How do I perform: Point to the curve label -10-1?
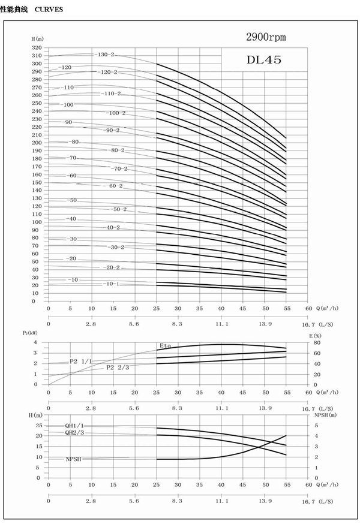point(112,284)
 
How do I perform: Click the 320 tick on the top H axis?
point(37,47)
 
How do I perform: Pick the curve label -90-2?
point(112,130)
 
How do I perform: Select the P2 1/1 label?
point(80,361)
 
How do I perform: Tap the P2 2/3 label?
point(118,367)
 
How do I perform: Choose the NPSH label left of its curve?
point(74,459)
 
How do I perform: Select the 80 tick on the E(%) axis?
point(316,343)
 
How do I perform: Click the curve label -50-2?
point(119,209)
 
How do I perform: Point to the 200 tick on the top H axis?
point(37,143)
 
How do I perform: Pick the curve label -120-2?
point(109,72)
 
